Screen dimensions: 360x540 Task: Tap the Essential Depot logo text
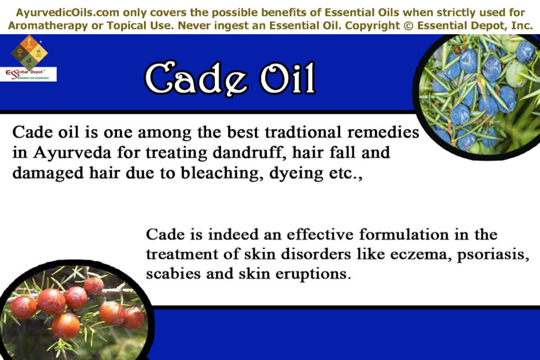[28, 73]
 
